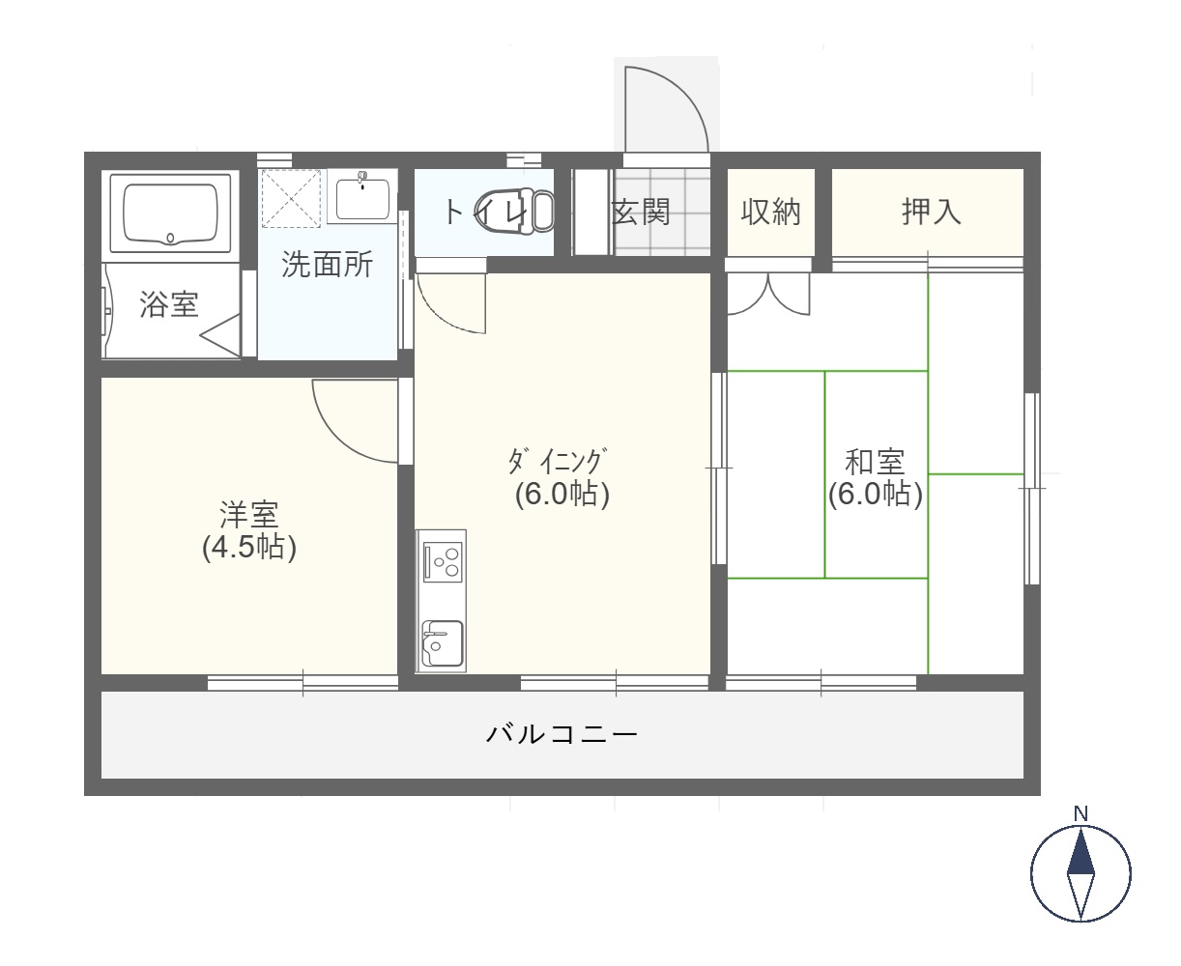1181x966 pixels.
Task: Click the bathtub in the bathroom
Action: pos(170,213)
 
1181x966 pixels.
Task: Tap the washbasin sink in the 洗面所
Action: pos(361,198)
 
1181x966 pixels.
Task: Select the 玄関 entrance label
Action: pos(641,213)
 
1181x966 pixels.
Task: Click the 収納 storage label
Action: pos(770,213)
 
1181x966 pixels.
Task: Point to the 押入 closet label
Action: pos(932,212)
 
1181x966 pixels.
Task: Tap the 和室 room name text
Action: pos(875,462)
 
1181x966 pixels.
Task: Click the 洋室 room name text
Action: pos(249,514)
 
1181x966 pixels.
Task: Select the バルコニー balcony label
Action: pos(562,734)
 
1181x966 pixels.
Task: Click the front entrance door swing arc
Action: pos(677,93)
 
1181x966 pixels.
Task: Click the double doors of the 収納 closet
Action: pos(768,294)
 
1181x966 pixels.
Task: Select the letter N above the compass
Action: pos(1080,813)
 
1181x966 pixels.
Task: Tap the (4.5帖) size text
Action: pos(249,548)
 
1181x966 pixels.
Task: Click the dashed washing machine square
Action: pos(292,199)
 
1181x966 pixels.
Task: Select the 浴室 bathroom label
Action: pos(169,304)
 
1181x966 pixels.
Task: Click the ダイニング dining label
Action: pos(558,461)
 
